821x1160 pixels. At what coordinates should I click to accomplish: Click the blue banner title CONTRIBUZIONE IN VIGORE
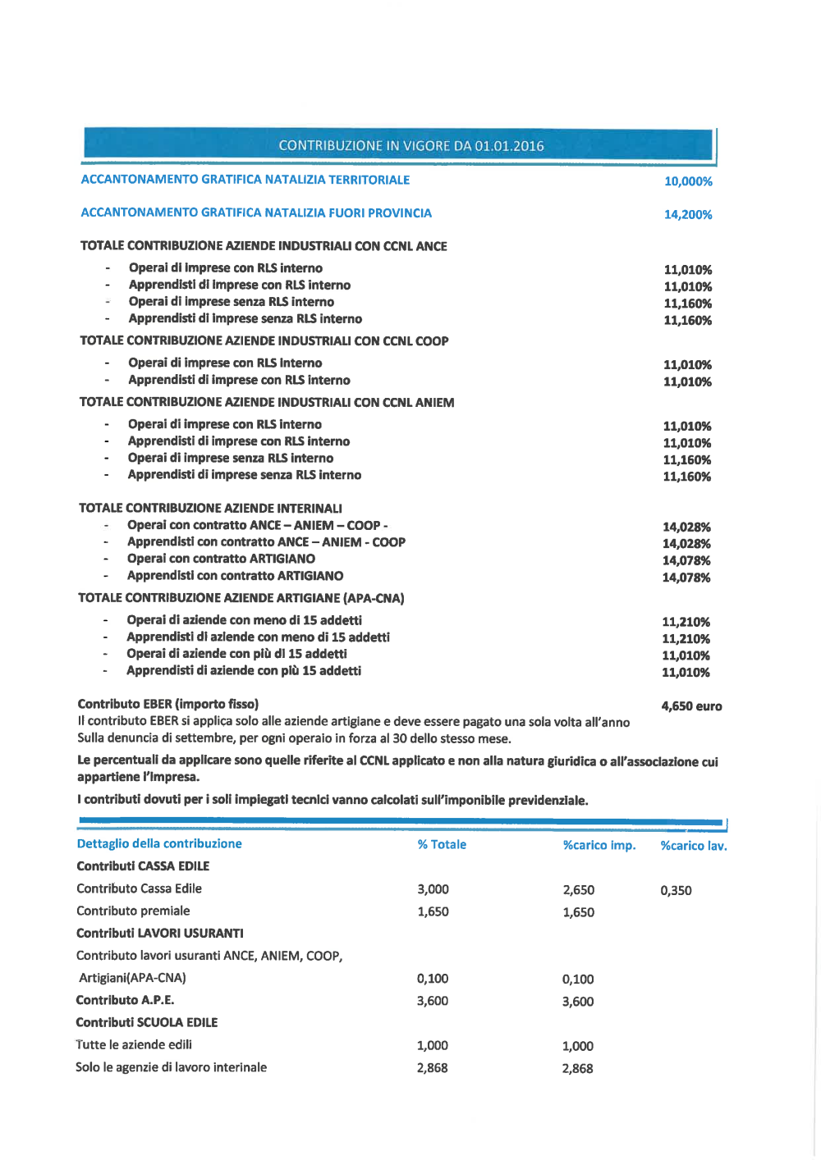410,146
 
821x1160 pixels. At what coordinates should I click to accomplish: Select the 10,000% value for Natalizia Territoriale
688,181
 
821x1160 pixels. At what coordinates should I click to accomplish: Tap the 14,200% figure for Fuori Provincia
688,215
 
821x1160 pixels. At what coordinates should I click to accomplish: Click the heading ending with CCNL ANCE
264,246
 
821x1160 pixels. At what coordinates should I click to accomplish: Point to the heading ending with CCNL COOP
264,340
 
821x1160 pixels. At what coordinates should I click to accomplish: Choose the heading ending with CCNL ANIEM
267,402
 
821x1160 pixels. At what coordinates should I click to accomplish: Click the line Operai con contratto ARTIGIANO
221,559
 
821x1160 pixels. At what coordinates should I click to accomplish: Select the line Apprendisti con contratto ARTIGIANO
235,576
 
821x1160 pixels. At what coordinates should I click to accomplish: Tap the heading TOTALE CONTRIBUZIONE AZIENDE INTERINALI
210,509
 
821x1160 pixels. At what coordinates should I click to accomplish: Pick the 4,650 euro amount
691,706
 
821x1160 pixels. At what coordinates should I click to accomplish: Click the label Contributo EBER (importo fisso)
168,704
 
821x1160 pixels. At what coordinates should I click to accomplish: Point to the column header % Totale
442,844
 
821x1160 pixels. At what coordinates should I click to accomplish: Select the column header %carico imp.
599,845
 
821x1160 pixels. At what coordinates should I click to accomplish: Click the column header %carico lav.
694,846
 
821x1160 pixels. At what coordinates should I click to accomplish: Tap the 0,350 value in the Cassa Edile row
676,890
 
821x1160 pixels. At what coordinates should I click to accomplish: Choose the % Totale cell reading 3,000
433,889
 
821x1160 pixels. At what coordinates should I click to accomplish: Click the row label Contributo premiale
133,911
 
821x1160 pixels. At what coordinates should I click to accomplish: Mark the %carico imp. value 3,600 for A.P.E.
578,1002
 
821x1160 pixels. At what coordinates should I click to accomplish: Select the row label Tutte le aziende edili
134,1044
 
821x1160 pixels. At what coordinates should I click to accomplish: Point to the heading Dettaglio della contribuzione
159,843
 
